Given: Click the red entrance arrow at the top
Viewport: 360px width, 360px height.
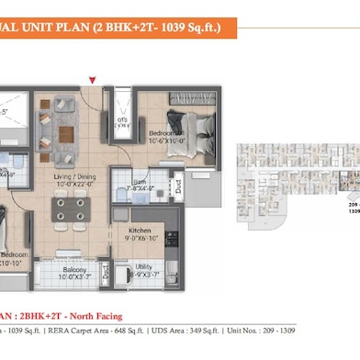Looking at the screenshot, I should [90, 82].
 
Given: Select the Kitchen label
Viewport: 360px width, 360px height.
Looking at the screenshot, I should [139, 231].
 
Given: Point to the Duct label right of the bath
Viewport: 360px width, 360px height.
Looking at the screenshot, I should [177, 188].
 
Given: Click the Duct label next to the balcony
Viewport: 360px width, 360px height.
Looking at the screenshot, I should [106, 271].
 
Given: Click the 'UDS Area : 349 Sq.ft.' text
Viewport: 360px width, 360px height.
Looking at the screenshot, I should [194, 327].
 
